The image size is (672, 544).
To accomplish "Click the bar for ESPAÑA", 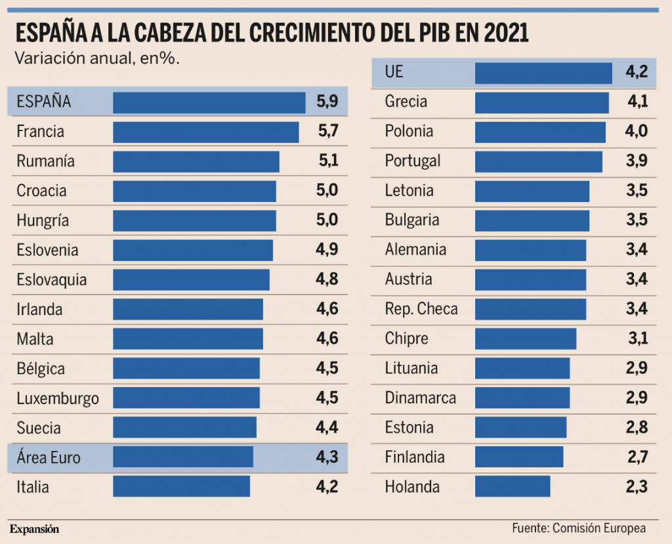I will pos(209,102).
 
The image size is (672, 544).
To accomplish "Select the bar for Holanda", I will pos(512,487).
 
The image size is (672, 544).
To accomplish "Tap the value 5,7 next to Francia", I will pos(327,131).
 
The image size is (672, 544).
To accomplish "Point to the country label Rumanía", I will pos(45,161).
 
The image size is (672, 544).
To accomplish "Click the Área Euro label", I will pos(49,457).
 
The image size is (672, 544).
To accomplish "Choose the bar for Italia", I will pos(181,487).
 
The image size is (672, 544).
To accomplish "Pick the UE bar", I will pos(543,73).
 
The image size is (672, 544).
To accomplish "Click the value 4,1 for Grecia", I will pos(637,102).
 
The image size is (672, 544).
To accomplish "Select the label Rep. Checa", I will pos(421,309).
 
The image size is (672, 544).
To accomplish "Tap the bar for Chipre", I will pos(525,339).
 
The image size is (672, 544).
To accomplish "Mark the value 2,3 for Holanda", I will pos(637,487).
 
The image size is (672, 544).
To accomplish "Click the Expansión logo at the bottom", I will pos(34,529).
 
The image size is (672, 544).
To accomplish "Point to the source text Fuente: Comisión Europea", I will pos(579,528).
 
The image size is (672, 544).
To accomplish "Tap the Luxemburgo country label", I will pos(58,398).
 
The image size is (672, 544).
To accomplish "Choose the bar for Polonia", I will pos(539,131).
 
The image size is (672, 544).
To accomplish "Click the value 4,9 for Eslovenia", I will pos(327,250).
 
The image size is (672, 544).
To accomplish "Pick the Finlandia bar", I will pos(518,457).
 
